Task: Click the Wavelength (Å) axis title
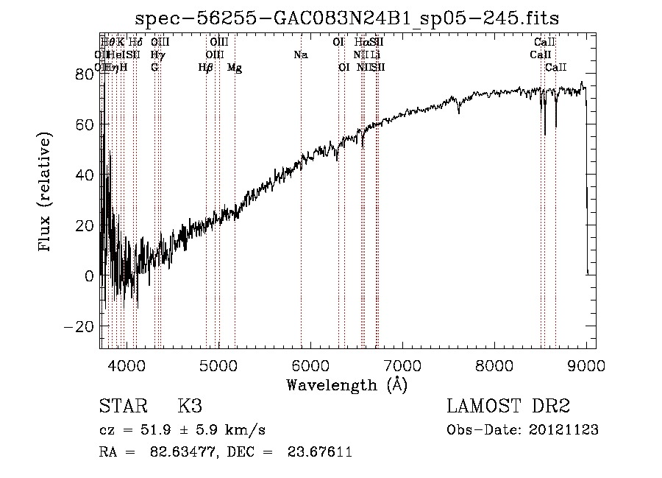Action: tap(346, 384)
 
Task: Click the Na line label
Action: tap(300, 55)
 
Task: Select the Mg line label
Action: tap(235, 68)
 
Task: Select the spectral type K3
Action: tap(190, 406)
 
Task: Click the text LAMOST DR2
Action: tap(508, 406)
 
